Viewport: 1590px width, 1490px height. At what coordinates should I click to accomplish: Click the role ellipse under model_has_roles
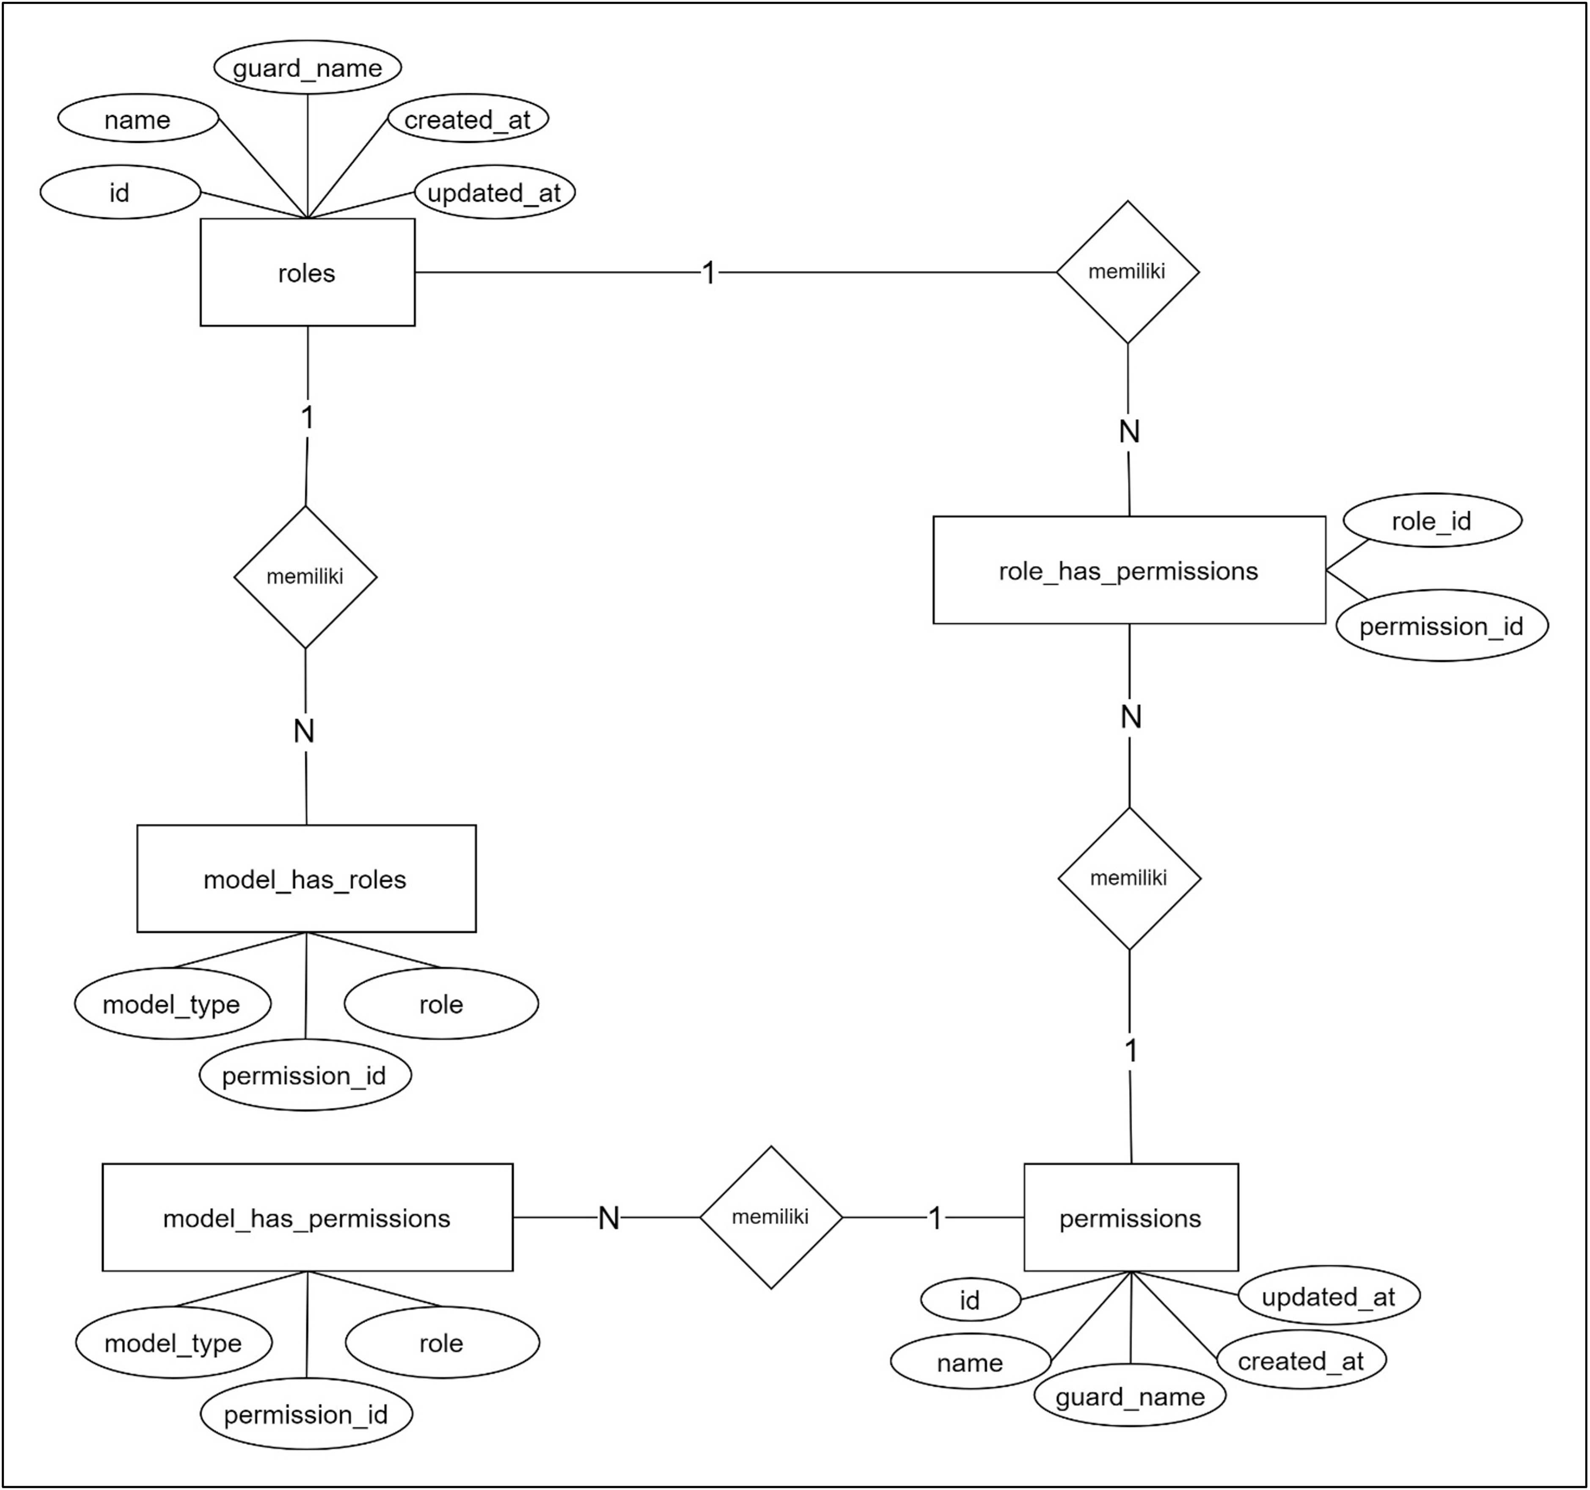point(441,1004)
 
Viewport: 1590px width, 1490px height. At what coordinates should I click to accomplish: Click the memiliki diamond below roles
point(305,576)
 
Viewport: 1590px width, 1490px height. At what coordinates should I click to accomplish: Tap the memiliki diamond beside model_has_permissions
point(771,1217)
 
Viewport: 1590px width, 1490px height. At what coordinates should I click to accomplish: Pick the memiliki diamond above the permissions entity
point(1129,878)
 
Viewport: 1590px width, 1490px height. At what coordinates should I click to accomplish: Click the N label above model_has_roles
point(304,731)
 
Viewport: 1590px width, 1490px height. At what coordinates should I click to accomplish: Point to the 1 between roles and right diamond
point(709,273)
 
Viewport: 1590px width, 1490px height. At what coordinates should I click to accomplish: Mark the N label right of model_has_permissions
point(609,1218)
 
